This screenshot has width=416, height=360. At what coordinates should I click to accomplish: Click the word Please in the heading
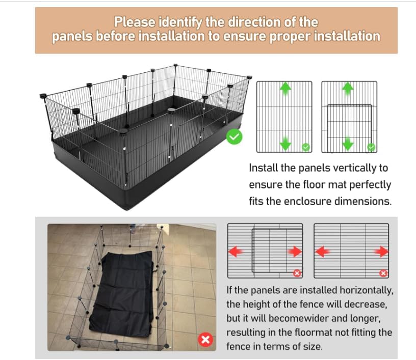tap(135, 22)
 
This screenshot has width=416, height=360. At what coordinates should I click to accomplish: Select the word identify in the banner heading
tap(180, 22)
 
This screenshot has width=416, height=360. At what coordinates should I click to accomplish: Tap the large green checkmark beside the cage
tap(235, 136)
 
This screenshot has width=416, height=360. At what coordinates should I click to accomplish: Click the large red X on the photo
tap(205, 339)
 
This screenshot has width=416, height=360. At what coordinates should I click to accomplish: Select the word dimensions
tap(362, 201)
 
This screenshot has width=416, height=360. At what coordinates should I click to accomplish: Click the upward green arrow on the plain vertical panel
tap(285, 89)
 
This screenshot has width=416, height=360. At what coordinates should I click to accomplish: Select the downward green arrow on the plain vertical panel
tap(285, 143)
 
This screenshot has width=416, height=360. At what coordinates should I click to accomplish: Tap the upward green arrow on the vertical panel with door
tap(348, 89)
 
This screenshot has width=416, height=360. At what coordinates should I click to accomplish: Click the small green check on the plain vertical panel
tap(306, 147)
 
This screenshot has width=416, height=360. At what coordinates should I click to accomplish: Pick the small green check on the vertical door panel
tap(371, 147)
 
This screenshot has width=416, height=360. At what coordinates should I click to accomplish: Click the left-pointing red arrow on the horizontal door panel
tap(236, 252)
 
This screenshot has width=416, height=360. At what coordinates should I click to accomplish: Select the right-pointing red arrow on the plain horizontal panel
tap(381, 252)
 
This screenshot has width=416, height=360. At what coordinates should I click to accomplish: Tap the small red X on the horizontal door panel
tap(297, 273)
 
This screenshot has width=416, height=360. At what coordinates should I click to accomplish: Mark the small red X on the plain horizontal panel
tap(383, 273)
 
